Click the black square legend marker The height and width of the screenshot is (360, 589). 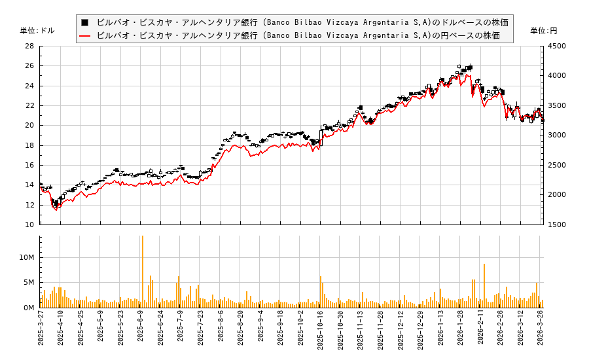click(x=84, y=22)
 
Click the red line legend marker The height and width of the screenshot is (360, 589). click(x=84, y=35)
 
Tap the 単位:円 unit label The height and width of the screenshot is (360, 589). click(x=544, y=31)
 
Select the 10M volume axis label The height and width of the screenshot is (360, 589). click(x=27, y=258)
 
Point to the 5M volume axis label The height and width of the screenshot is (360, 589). click(x=29, y=283)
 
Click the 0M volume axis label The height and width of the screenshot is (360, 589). click(x=29, y=308)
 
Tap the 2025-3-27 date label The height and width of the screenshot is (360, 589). click(x=41, y=332)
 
